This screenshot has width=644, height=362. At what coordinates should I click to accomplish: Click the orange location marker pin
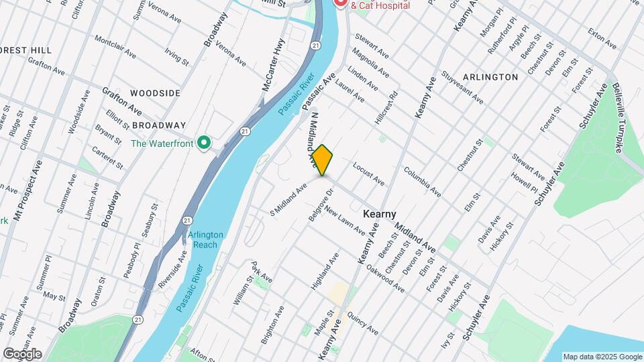(x=323, y=160)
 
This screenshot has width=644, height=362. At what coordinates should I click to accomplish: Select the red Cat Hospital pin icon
(x=340, y=3)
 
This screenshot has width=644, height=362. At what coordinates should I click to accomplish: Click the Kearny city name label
(x=379, y=213)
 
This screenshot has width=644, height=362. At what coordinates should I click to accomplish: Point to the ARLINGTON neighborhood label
(x=490, y=77)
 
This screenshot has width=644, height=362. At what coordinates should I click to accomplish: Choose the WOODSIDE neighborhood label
(x=155, y=93)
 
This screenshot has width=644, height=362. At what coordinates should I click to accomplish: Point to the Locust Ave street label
(x=368, y=174)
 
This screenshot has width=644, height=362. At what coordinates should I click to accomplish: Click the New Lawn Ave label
(x=345, y=221)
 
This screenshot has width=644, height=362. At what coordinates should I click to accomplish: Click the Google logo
(x=22, y=353)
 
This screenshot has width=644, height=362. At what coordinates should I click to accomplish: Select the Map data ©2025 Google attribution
(x=602, y=357)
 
